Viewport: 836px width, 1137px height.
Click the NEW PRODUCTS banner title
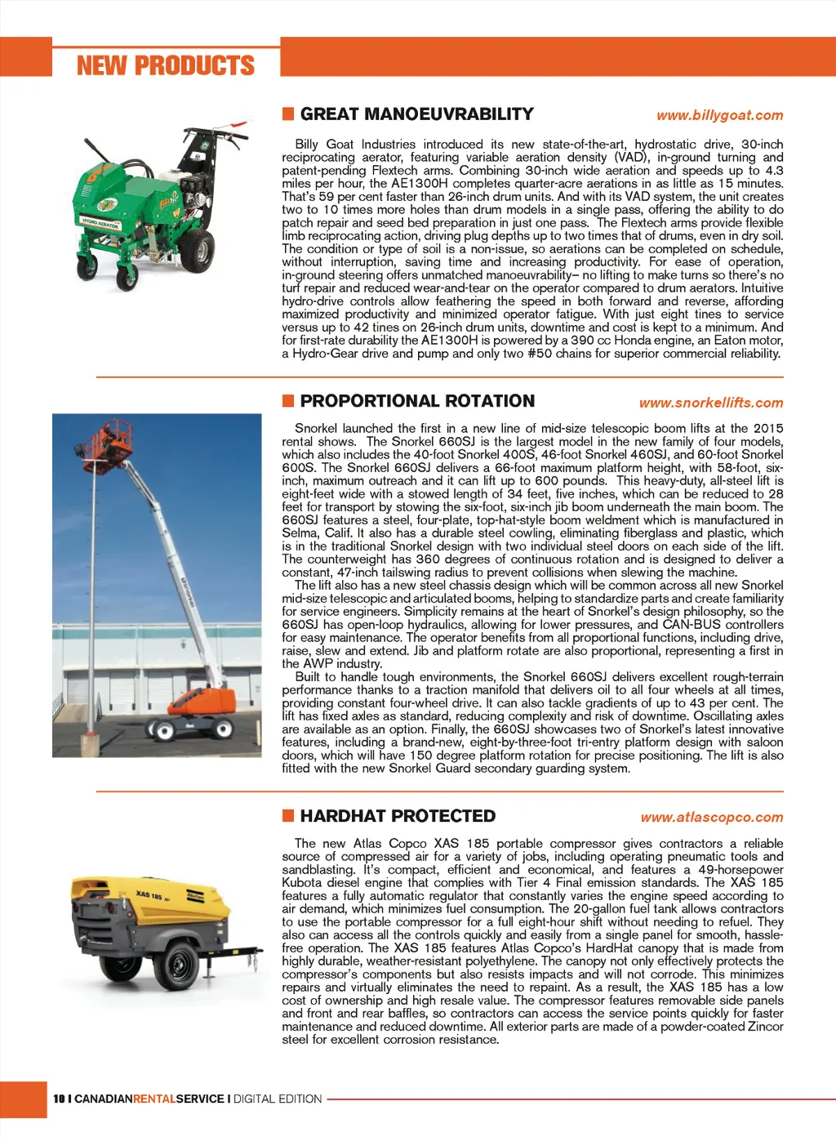(166, 65)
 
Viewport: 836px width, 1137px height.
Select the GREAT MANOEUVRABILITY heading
(416, 114)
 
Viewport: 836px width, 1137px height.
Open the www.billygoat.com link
(719, 115)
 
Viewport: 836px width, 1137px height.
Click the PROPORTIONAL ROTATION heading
(417, 401)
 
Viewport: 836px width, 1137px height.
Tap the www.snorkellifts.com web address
(710, 403)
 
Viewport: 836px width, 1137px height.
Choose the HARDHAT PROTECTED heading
(398, 816)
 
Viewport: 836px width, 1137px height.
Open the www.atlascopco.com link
(711, 817)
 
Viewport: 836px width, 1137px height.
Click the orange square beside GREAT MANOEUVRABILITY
(288, 114)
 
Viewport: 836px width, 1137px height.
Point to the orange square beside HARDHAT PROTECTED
(288, 816)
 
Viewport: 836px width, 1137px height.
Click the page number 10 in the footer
(59, 1099)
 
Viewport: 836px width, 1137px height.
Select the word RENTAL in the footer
(154, 1099)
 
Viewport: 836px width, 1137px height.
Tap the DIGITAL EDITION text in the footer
(278, 1099)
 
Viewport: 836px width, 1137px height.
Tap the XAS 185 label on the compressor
(149, 895)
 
